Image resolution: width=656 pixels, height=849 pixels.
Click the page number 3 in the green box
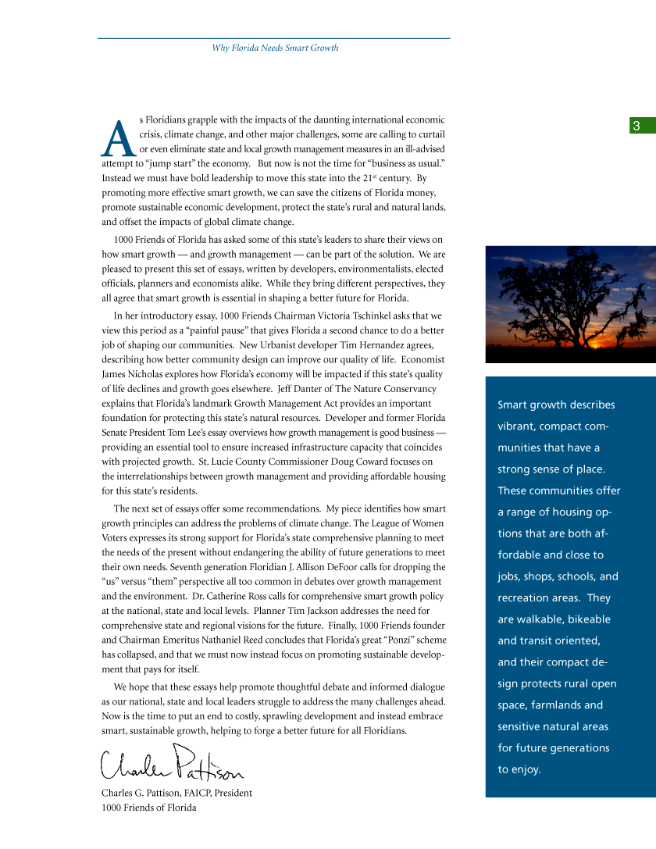[x=636, y=126]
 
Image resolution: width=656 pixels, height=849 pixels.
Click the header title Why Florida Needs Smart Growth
[x=275, y=48]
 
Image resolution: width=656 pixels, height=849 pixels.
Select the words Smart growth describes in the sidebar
[x=556, y=405]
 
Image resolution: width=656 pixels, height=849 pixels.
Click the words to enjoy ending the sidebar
[x=519, y=769]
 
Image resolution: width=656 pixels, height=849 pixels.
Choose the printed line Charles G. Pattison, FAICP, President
[x=176, y=793]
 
